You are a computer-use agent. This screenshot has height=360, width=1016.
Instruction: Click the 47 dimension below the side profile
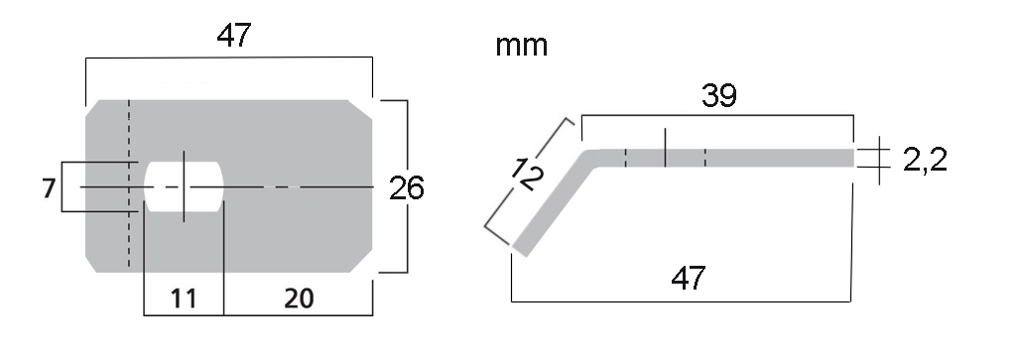[x=689, y=279]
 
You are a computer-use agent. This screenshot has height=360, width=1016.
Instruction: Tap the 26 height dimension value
[x=406, y=188]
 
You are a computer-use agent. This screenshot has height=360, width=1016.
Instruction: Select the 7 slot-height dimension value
[x=48, y=188]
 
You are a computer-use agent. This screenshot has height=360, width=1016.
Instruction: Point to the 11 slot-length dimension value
[x=184, y=300]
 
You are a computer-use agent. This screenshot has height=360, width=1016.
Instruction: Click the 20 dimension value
[x=299, y=300]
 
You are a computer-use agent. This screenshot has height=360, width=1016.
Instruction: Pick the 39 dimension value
[x=719, y=96]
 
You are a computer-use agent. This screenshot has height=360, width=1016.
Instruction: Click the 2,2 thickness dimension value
[x=926, y=160]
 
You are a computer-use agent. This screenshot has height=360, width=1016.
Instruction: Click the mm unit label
[x=522, y=46]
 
